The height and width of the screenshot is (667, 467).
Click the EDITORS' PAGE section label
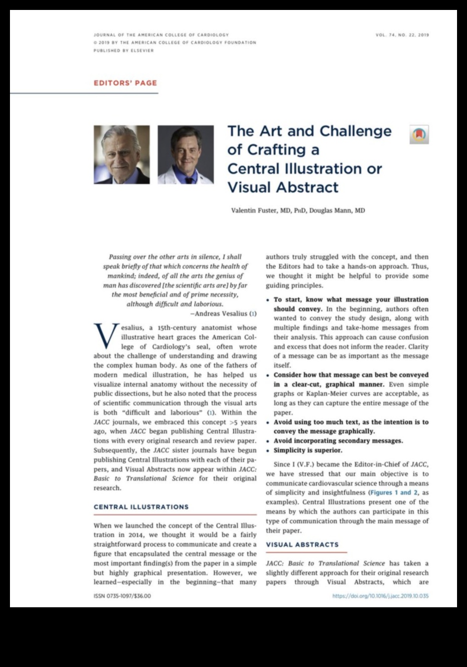[x=125, y=83]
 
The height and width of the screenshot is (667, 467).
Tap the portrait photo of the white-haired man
[x=122, y=154]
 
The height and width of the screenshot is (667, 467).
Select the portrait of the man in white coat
[x=186, y=154]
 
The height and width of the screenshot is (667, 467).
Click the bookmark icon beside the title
[x=419, y=134]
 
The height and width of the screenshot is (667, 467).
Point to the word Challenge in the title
[x=355, y=131]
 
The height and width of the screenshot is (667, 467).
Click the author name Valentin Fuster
[x=254, y=211]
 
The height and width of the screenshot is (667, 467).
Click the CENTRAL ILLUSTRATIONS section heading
[x=141, y=507]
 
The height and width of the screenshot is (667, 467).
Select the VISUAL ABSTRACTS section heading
[x=302, y=545]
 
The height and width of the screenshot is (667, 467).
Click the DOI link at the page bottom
[x=380, y=596]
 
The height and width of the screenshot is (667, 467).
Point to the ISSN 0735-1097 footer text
[x=122, y=596]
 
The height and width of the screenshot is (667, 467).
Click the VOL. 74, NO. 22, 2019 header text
[x=402, y=35]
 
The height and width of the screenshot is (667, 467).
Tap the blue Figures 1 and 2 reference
[x=394, y=493]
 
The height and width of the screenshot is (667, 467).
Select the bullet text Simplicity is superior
[x=308, y=450]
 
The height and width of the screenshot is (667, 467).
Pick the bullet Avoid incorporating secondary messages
[x=338, y=441]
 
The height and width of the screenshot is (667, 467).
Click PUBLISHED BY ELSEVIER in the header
[x=124, y=51]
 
